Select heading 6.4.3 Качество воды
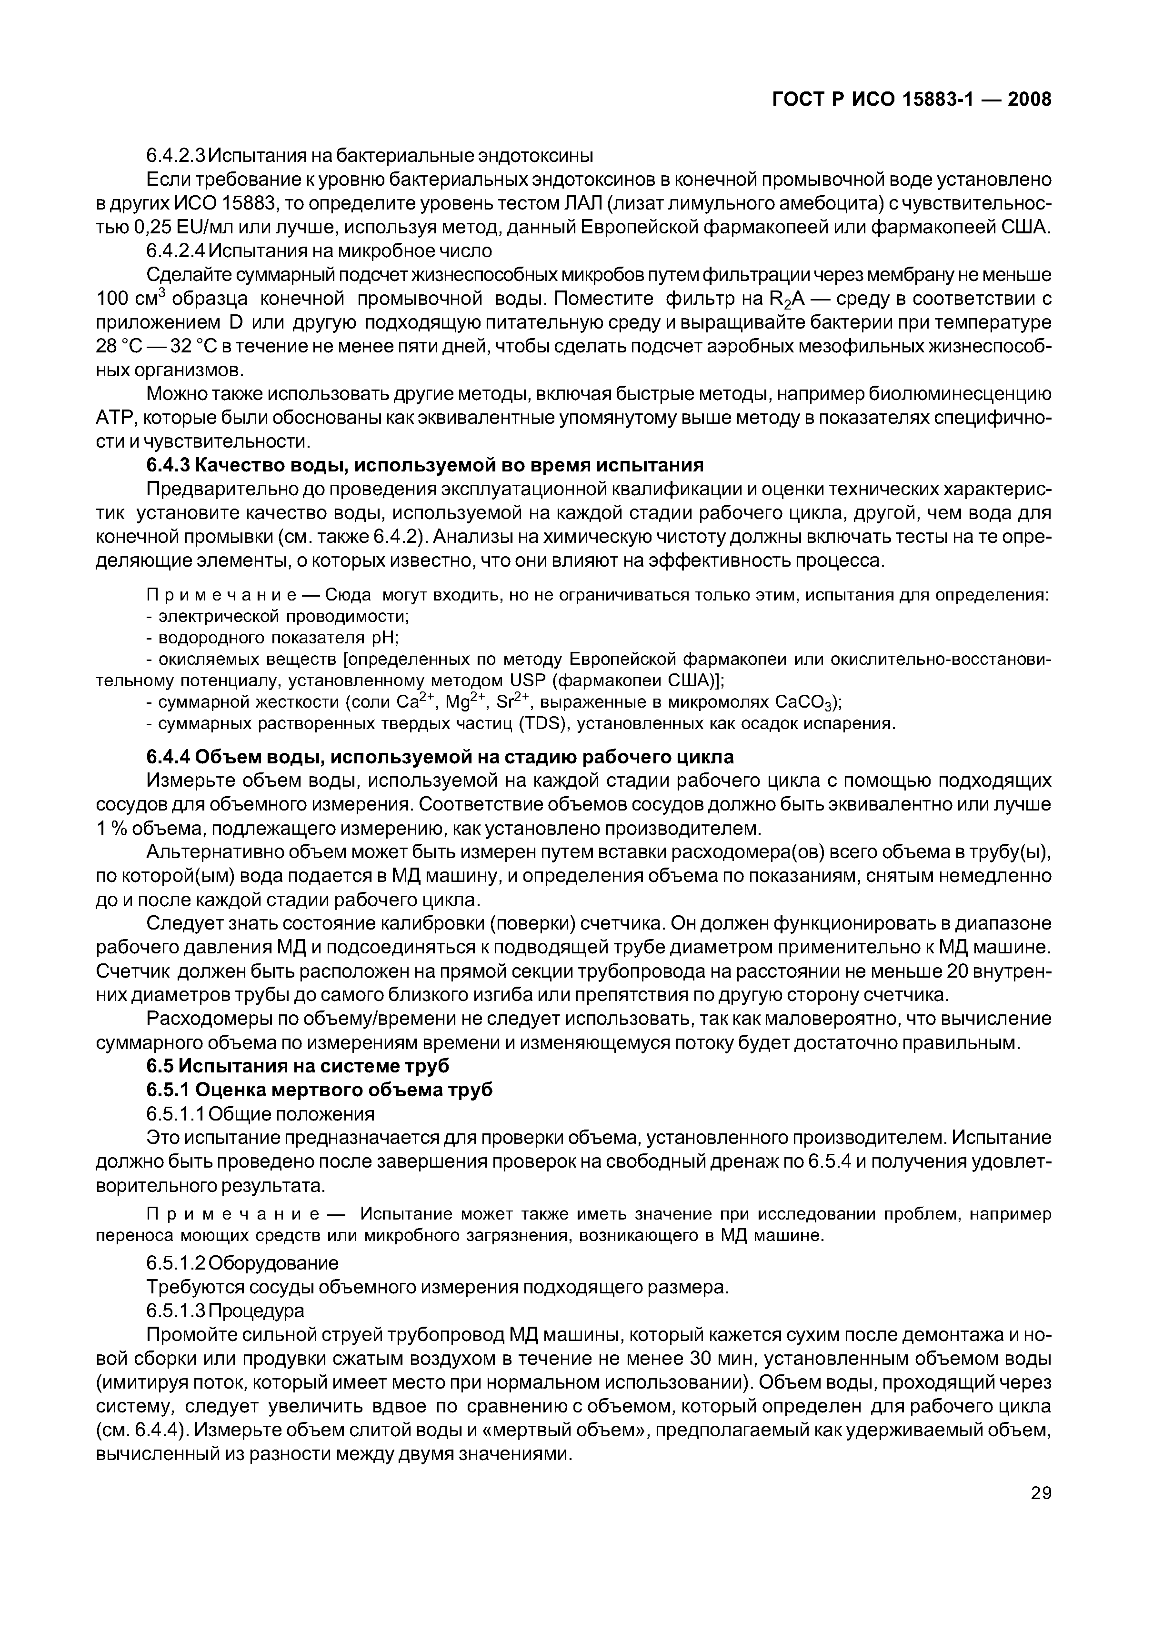pyautogui.click(x=424, y=465)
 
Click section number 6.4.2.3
pyautogui.click(x=175, y=155)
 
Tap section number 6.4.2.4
pyautogui.click(x=175, y=251)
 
